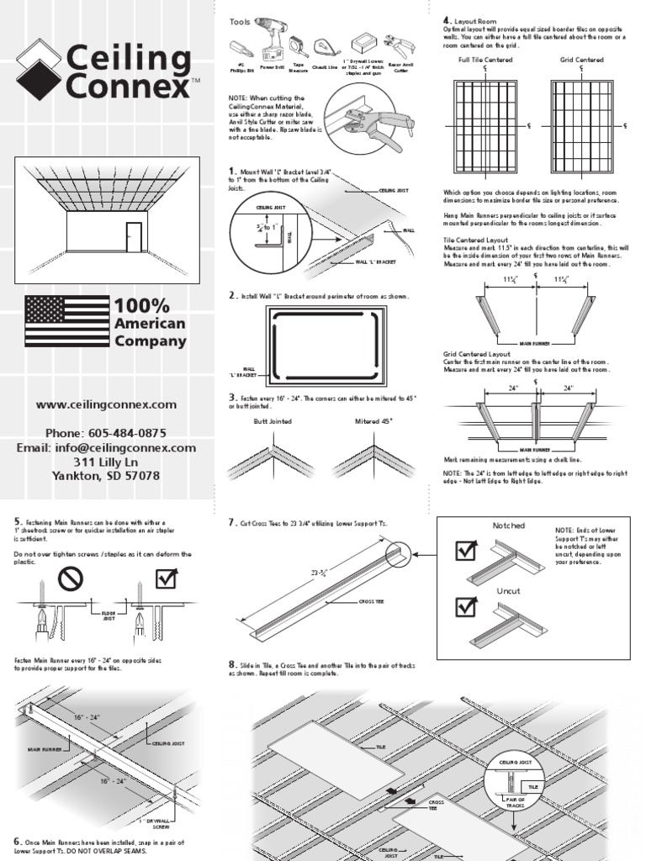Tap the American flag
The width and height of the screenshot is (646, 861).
pyautogui.click(x=67, y=321)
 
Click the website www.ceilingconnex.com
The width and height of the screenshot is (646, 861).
pyautogui.click(x=106, y=404)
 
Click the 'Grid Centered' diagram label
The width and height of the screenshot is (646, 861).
pyautogui.click(x=581, y=61)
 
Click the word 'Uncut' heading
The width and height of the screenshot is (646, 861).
pyautogui.click(x=508, y=591)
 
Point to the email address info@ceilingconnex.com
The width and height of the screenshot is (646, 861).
pyautogui.click(x=106, y=447)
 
